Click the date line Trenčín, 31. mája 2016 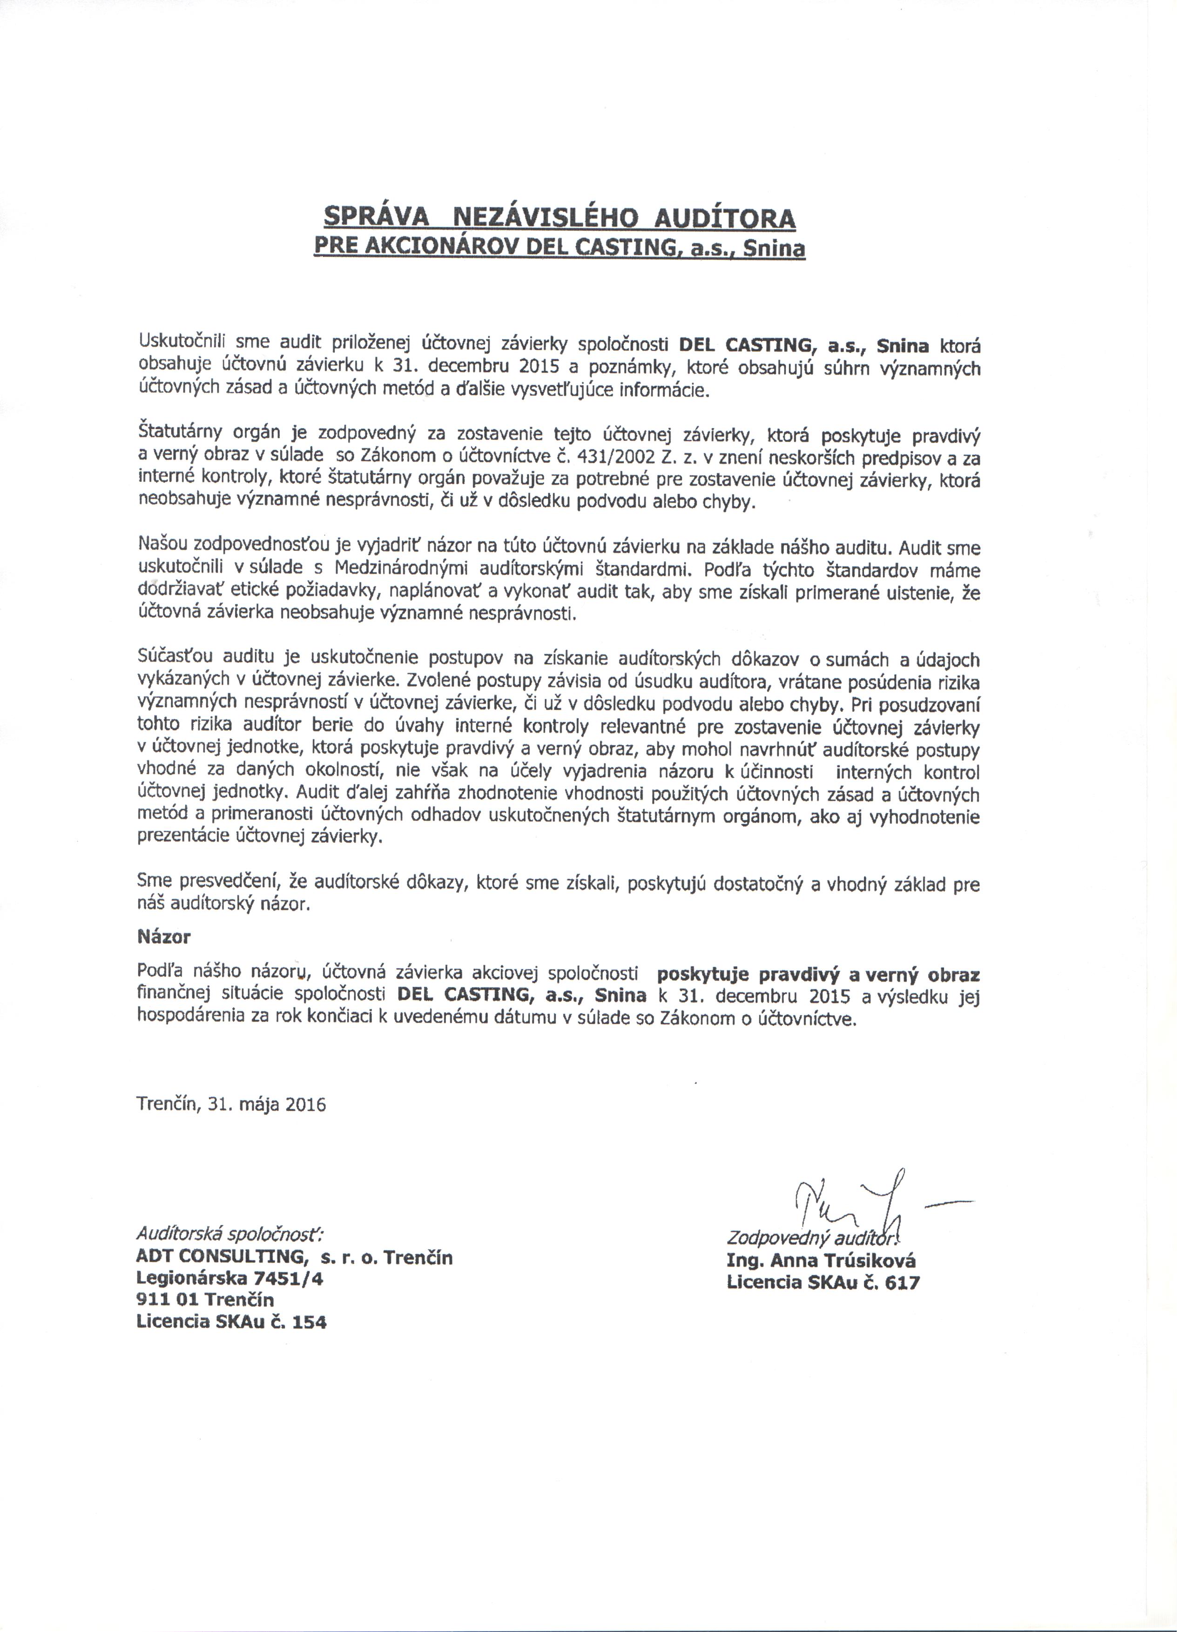(231, 1104)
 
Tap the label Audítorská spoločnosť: (230, 1235)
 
